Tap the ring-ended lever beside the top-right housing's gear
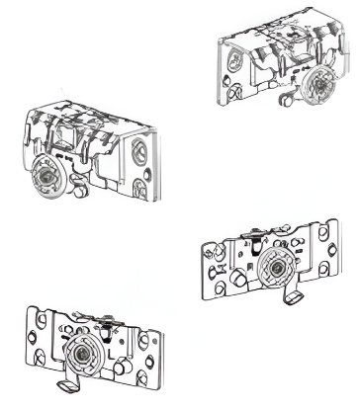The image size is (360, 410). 288,99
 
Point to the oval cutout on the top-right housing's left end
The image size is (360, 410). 228,71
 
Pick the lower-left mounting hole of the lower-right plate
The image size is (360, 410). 211,287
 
